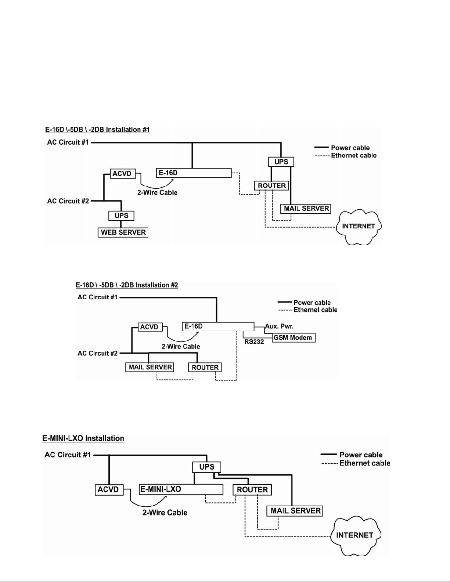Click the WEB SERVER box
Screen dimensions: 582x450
tap(123, 232)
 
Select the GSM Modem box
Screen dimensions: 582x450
tap(293, 337)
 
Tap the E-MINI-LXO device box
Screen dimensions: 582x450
tap(181, 489)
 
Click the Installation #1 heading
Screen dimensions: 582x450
tap(97, 130)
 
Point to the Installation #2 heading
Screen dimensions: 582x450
tap(127, 285)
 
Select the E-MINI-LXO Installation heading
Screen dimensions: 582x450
tap(83, 438)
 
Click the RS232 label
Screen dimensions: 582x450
tap(254, 342)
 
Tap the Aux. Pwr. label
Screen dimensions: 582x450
tap(280, 326)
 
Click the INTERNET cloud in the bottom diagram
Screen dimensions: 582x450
tap(355, 535)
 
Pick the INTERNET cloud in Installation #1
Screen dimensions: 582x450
tap(358, 226)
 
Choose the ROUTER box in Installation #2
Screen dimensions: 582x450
tap(205, 367)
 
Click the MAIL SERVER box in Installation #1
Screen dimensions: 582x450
tap(306, 209)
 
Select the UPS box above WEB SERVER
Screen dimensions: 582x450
tap(121, 216)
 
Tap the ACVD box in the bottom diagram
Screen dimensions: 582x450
tap(109, 489)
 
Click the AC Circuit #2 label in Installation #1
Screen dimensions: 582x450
tap(68, 201)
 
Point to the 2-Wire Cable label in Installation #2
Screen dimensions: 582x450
tap(181, 346)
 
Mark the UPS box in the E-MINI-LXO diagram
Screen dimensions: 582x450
tap(206, 467)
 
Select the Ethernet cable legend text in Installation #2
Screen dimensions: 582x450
tap(315, 310)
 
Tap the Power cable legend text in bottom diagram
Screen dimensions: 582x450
tap(361, 455)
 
